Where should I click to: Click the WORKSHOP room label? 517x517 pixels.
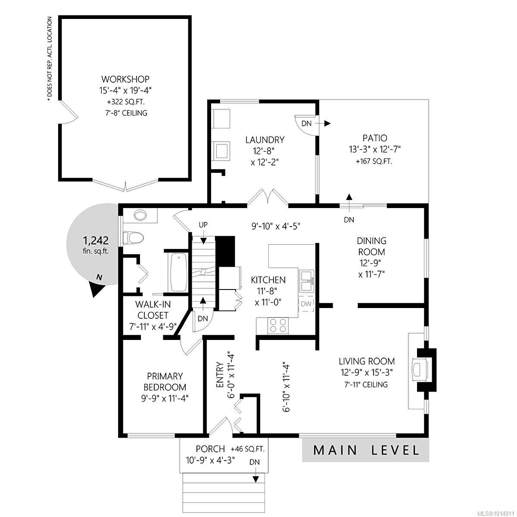[x=125, y=79]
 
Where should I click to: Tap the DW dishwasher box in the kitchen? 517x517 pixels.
[x=306, y=304]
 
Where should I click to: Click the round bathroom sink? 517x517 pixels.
[x=140, y=215]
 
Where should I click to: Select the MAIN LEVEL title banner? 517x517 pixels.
[x=365, y=450]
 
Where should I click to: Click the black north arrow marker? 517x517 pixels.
[x=98, y=288]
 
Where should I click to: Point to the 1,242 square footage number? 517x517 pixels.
[x=96, y=240]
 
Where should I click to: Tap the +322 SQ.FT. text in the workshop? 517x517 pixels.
[x=125, y=102]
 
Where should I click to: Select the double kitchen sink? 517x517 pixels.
[x=307, y=281]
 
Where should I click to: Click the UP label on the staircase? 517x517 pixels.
[x=203, y=225]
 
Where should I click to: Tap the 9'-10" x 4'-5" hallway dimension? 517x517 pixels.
[x=276, y=225]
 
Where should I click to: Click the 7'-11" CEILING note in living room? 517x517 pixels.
[x=366, y=384]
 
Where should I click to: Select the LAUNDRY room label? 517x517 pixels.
[x=265, y=140]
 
